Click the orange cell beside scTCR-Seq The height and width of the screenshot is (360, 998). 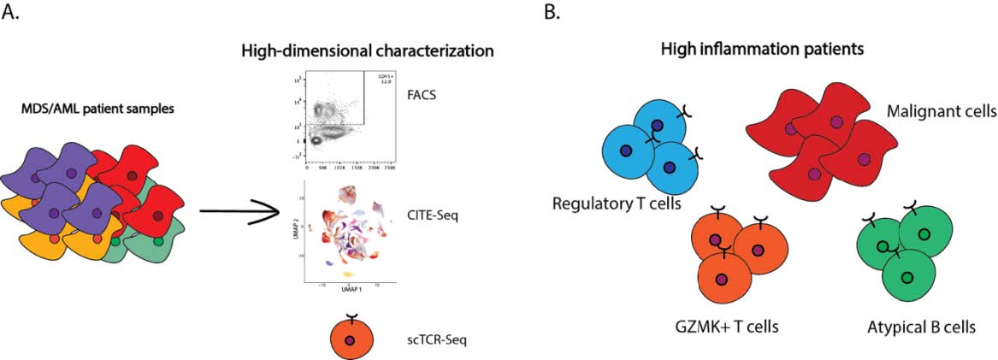click(349, 339)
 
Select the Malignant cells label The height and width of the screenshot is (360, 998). click(941, 112)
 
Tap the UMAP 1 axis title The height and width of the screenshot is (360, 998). click(348, 292)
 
